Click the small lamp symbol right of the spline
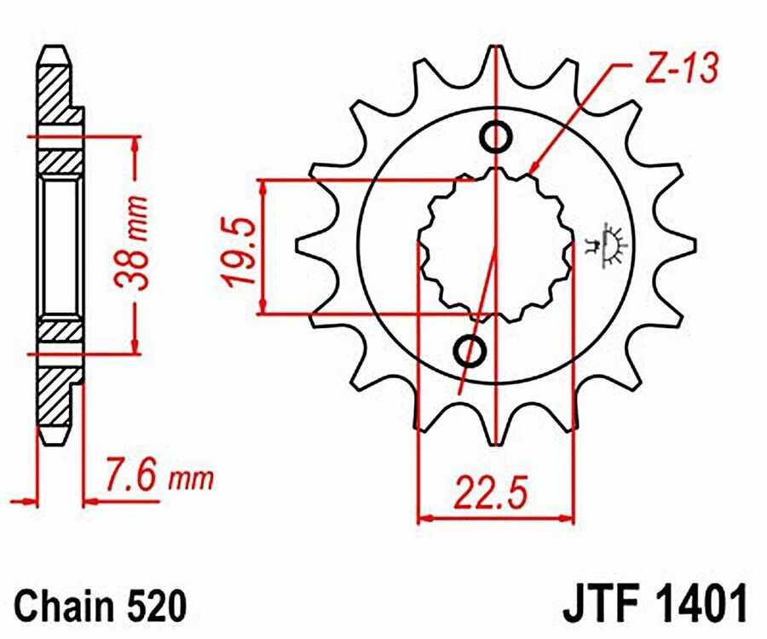coord(609,246)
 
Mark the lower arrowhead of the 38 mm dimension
coord(133,346)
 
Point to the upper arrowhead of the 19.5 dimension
coord(265,187)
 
